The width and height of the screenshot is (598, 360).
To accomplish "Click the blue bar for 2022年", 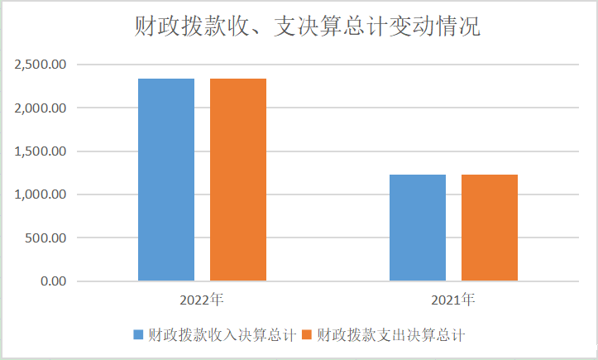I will [x=166, y=180].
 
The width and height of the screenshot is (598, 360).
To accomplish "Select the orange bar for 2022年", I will [x=238, y=180].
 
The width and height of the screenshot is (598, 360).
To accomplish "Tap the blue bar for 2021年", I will [x=418, y=228].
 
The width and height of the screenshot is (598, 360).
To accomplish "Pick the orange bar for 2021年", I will [x=490, y=228].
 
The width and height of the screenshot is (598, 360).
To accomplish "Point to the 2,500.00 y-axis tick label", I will [x=41, y=65].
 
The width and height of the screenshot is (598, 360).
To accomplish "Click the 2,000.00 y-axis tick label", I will [x=41, y=108].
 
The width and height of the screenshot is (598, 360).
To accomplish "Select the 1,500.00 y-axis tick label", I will [x=41, y=151].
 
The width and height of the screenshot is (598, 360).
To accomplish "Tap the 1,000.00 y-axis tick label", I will [x=41, y=194].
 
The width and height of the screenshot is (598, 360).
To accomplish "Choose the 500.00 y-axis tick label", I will [x=46, y=238].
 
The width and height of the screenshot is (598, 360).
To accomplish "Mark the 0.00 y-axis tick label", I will [x=52, y=281].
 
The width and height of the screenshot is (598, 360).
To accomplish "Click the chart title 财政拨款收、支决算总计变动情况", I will [x=307, y=27].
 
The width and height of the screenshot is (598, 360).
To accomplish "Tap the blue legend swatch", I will [x=139, y=335].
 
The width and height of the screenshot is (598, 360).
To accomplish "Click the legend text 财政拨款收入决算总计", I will [x=222, y=335].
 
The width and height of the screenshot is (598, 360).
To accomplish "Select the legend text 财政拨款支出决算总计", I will [x=392, y=335].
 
